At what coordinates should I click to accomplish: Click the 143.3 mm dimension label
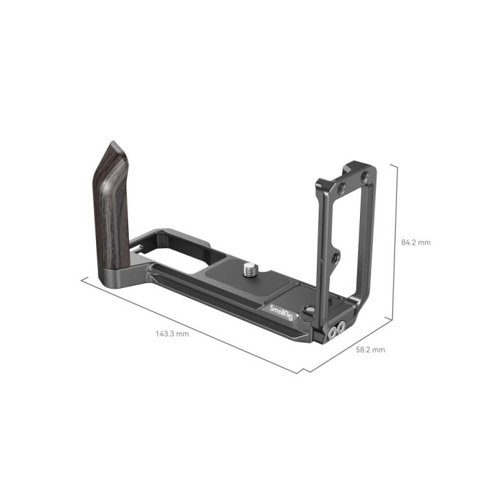172,333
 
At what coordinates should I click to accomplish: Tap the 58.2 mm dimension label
370,350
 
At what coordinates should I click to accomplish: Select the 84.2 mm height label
416,243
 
